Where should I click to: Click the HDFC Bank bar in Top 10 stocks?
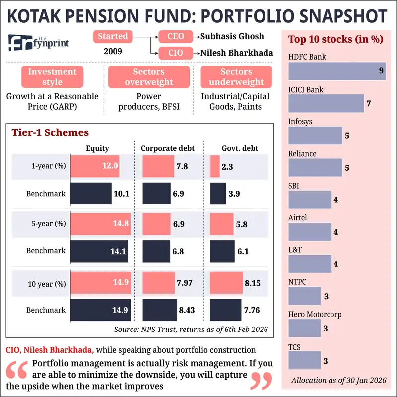pos(337,71)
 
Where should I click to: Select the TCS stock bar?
pos(304,361)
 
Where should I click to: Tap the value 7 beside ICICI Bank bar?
pos(369,104)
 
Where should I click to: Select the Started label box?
pos(113,36)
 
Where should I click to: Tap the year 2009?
pos(113,51)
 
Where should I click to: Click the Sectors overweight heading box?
pos(149,77)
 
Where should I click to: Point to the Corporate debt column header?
pos(167,148)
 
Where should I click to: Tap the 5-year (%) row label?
pos(46,223)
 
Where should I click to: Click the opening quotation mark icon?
pos(17,371)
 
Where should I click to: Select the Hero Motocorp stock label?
pos(315,314)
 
